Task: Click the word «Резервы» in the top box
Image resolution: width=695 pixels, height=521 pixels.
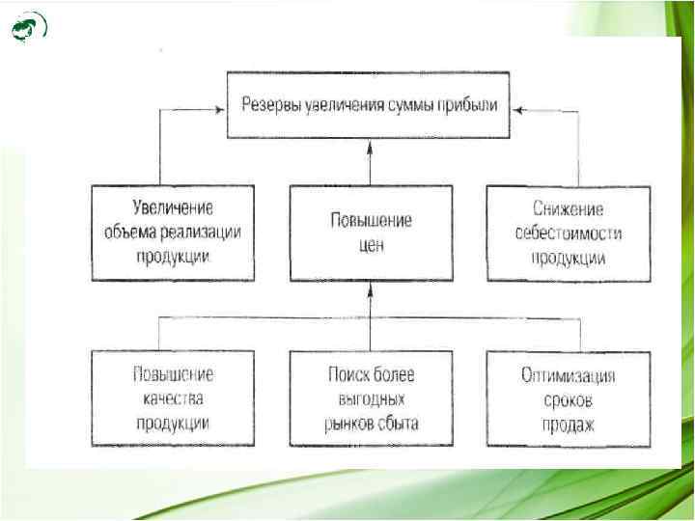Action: [x=277, y=103]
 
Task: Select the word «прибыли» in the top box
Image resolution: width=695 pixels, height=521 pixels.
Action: [x=467, y=103]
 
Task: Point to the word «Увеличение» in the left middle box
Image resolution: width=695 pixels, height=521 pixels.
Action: [x=174, y=207]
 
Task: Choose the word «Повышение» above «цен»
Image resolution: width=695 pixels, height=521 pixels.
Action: [x=372, y=220]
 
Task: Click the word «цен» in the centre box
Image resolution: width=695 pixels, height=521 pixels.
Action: [x=372, y=245]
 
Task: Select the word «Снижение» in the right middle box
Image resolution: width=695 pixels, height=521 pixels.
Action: [x=569, y=207]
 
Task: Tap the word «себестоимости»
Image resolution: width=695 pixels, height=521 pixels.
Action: [x=569, y=233]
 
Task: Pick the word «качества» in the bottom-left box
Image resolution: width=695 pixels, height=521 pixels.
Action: [x=174, y=398]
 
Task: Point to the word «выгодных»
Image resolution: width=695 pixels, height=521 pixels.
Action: [x=372, y=398]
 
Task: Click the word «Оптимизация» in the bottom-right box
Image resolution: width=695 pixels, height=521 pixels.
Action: [x=569, y=376]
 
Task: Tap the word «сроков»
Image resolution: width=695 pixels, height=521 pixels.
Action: [x=569, y=399]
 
